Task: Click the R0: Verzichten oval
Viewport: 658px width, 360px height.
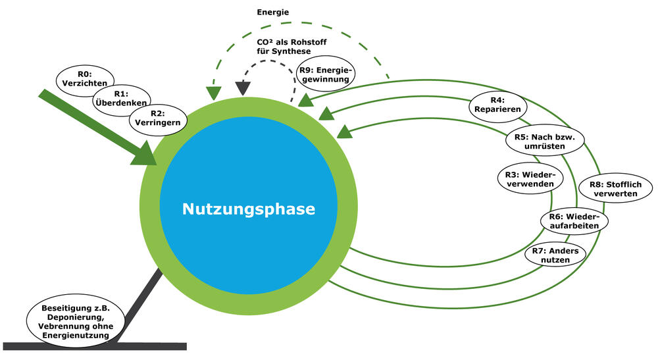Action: coord(85,78)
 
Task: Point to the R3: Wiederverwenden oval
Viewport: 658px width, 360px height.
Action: coord(529,178)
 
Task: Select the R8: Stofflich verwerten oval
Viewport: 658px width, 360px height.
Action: coord(615,190)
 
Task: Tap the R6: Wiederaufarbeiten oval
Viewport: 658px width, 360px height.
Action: coord(573,220)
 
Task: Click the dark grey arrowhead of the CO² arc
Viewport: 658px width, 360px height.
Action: coord(243,87)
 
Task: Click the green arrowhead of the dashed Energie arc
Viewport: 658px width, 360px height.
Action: coord(213,92)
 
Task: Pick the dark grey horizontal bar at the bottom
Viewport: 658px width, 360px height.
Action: coord(95,346)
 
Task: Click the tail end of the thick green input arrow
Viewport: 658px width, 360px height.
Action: coord(45,93)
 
